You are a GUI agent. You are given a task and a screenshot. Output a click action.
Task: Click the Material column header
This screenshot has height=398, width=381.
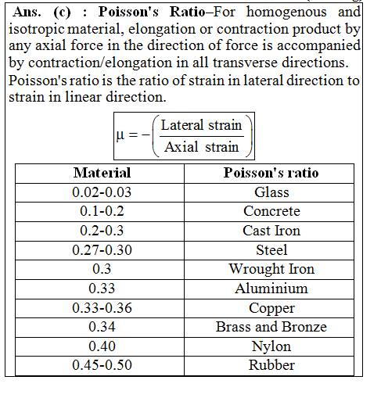point(102,173)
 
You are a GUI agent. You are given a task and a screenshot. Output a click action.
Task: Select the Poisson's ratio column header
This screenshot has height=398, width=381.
point(271,173)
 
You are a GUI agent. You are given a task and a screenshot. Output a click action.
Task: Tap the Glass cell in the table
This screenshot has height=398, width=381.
point(271,192)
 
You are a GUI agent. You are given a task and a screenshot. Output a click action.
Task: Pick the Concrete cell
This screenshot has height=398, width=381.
point(271,211)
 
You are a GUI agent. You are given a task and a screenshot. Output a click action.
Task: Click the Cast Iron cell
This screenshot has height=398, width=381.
point(271,231)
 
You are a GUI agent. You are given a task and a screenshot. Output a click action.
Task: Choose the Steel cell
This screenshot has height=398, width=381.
point(271,250)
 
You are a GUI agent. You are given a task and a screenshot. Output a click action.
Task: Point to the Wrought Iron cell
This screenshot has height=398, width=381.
point(271,269)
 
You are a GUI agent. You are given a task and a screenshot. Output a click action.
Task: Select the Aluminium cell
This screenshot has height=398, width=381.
point(271,289)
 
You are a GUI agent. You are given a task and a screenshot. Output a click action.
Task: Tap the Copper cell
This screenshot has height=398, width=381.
point(271,308)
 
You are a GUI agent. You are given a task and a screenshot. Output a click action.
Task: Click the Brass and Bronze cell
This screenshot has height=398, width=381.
point(271,327)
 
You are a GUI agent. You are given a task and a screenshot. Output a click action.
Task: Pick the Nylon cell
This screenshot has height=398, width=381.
point(271,346)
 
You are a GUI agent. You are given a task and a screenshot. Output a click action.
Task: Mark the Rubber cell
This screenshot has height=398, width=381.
point(271,365)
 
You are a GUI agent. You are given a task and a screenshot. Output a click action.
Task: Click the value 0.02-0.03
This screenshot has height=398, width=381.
point(102,192)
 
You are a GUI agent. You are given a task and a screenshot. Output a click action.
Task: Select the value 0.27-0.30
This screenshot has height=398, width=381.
point(102,250)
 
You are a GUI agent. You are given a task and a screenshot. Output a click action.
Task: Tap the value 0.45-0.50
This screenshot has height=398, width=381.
point(102,365)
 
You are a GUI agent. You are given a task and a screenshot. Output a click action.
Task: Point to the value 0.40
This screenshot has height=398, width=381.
point(102,346)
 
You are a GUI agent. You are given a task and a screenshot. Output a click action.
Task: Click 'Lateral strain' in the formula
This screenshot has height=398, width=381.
point(201,125)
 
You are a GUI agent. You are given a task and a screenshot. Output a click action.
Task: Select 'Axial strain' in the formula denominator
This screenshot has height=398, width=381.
point(201,147)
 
